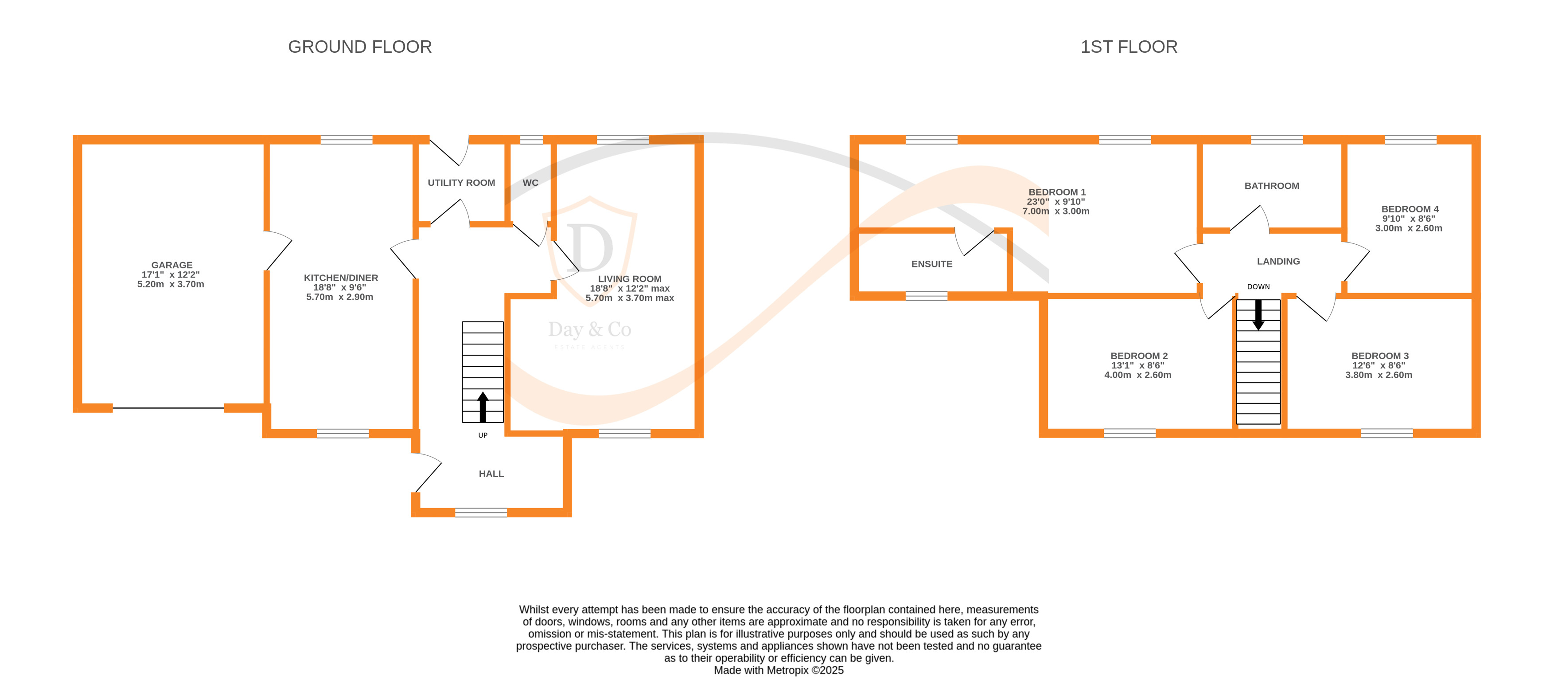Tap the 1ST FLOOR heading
point(1128,47)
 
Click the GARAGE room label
point(172,265)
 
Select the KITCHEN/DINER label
point(341,278)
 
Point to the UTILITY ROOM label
point(461,183)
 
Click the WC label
point(530,183)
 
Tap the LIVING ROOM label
point(629,279)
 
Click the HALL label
point(491,474)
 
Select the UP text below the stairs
point(483,435)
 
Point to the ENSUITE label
point(931,264)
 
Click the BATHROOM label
point(1272,186)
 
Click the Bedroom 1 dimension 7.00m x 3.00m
point(1055,211)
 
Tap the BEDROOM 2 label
point(1138,356)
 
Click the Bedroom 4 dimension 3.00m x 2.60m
point(1408,228)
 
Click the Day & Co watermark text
point(589,329)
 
